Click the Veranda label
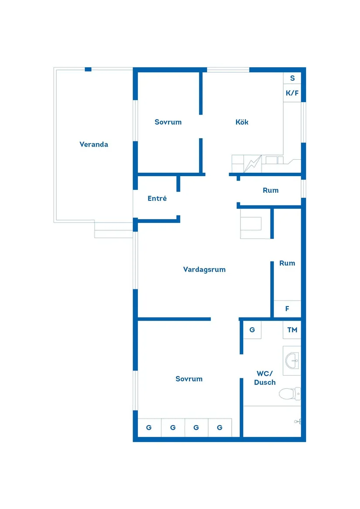click(x=94, y=144)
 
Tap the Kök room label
click(x=242, y=122)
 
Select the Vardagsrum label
click(x=204, y=270)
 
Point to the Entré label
click(x=157, y=198)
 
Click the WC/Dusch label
click(x=265, y=378)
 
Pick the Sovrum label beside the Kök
click(x=168, y=122)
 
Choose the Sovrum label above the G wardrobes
click(x=189, y=379)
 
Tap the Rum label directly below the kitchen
click(x=271, y=191)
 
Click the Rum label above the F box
click(x=287, y=263)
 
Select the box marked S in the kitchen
click(x=292, y=79)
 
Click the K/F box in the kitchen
click(x=292, y=93)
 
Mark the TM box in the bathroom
click(x=292, y=330)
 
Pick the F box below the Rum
click(x=287, y=309)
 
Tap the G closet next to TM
click(x=252, y=330)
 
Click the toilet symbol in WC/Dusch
click(x=290, y=394)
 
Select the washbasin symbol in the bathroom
click(x=292, y=360)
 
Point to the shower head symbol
click(x=298, y=421)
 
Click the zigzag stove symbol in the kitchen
click(x=253, y=164)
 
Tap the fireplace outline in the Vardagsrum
click(x=255, y=224)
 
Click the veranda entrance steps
click(x=113, y=230)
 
